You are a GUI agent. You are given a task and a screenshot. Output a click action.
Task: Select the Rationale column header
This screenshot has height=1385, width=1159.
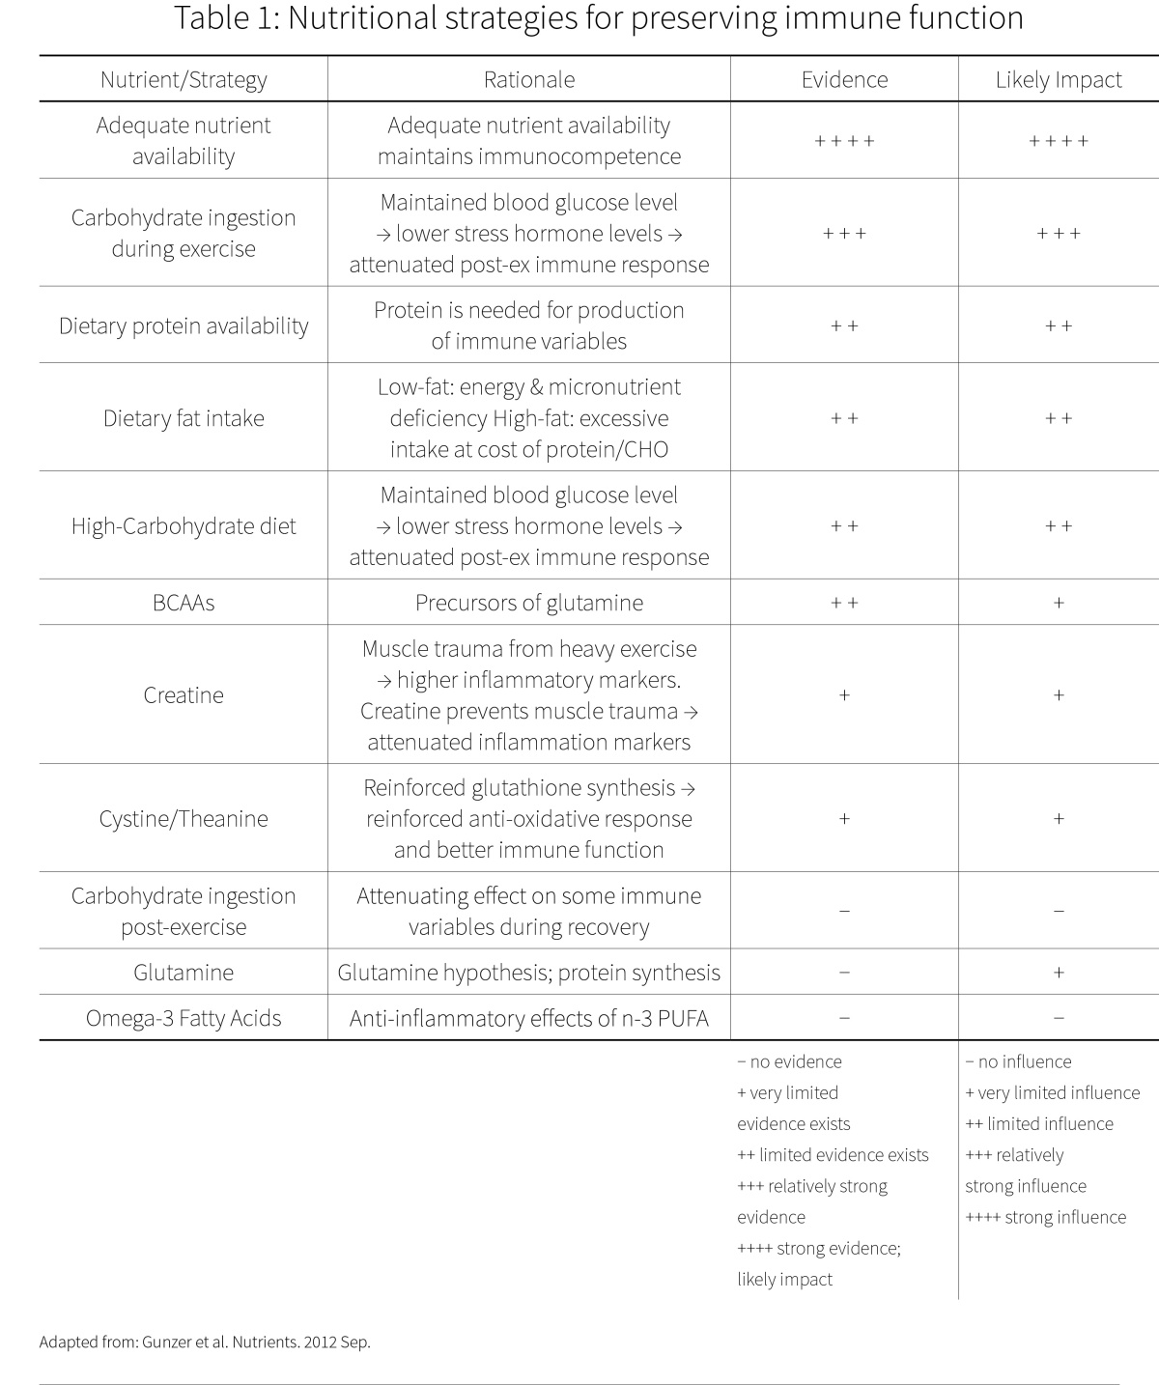[x=529, y=79]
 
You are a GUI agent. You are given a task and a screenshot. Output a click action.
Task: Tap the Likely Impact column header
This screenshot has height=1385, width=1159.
[x=1059, y=79]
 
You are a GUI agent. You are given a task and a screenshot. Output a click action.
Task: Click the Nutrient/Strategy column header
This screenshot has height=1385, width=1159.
[x=184, y=79]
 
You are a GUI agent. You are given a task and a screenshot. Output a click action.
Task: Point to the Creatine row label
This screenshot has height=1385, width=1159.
[x=184, y=694]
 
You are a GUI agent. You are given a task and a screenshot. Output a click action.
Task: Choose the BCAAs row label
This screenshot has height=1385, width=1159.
[x=184, y=603]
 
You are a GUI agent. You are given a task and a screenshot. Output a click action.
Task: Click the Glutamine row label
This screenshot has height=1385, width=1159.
[x=184, y=972]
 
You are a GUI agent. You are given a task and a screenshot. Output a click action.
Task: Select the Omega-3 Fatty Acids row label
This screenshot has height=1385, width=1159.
[x=184, y=1018]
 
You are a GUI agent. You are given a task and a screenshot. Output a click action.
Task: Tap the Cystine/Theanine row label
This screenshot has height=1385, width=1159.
[x=184, y=819]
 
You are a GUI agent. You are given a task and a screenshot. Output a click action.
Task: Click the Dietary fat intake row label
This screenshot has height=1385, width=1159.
[x=184, y=418]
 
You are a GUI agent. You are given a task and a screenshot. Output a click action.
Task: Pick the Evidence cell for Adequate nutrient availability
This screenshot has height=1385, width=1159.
[x=844, y=141]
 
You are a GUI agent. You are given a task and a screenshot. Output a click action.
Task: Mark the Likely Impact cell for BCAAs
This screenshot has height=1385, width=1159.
[x=1059, y=603]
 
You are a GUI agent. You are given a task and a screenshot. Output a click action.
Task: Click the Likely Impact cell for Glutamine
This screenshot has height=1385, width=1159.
[x=1059, y=973]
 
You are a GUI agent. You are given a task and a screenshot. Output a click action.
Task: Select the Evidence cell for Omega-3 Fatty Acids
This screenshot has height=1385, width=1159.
[x=844, y=1018]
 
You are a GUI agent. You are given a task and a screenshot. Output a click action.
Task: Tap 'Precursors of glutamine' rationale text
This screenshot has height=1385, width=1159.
[x=529, y=603]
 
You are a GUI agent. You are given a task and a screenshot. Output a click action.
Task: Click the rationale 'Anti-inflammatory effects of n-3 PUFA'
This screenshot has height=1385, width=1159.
[x=529, y=1018]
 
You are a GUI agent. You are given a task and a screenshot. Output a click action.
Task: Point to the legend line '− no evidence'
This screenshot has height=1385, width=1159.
[x=789, y=1061]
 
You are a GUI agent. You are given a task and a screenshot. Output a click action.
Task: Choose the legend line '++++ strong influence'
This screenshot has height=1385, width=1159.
[x=1045, y=1217]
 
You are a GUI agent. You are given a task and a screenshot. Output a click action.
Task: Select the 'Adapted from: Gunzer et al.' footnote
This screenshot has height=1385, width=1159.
[x=205, y=1342]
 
